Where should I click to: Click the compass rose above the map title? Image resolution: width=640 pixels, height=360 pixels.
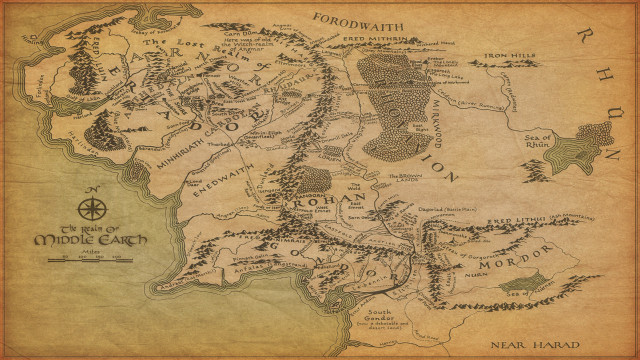[x=92, y=209]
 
